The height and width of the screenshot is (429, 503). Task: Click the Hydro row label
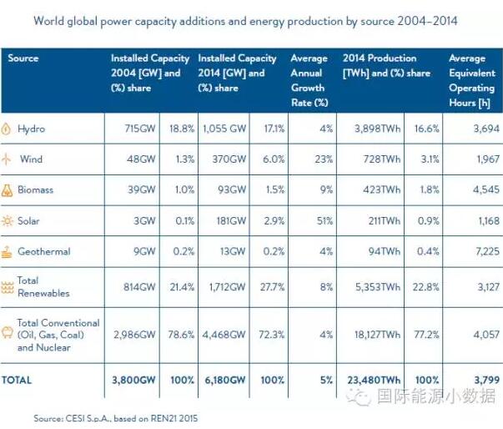point(31,129)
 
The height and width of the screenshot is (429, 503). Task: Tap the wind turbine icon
point(8,159)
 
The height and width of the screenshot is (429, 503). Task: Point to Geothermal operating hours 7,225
point(485,251)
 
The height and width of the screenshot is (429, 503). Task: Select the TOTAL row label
point(17,380)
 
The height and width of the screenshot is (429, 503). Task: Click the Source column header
point(23,58)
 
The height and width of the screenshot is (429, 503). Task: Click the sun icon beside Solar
point(8,220)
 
